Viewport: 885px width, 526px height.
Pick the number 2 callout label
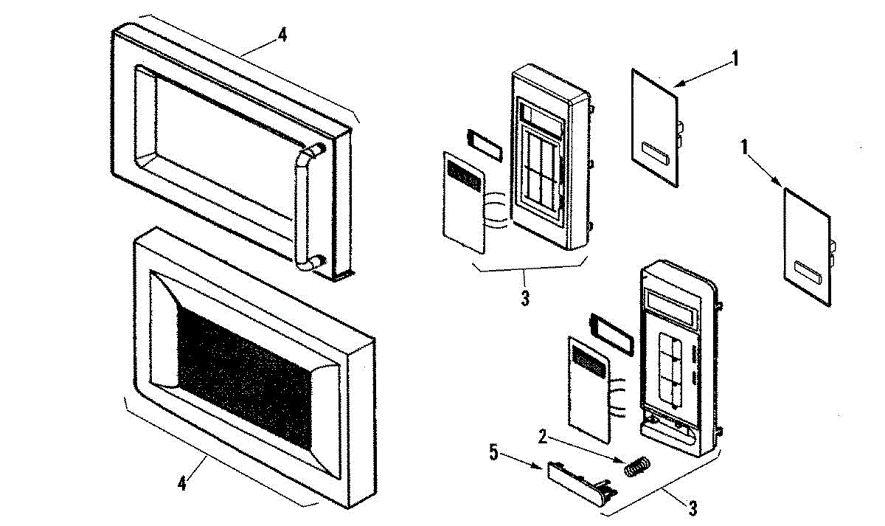(x=543, y=436)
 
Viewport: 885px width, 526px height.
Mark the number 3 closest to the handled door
(x=524, y=300)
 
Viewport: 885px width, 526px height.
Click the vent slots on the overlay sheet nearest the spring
(x=589, y=360)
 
